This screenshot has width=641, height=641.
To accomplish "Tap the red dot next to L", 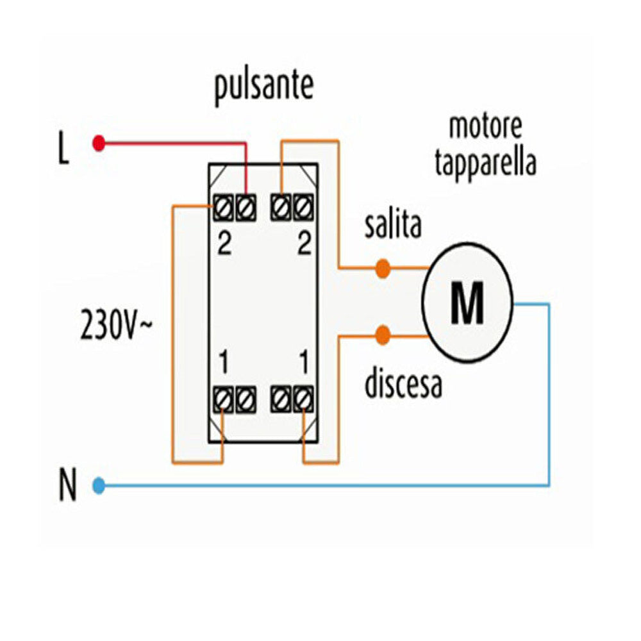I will pyautogui.click(x=98, y=142).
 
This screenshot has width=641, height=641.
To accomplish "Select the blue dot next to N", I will pyautogui.click(x=98, y=485).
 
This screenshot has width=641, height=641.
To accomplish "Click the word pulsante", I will pyautogui.click(x=263, y=88).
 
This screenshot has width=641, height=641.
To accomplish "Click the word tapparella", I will pyautogui.click(x=485, y=163).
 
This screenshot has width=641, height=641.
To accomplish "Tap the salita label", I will pyautogui.click(x=393, y=226).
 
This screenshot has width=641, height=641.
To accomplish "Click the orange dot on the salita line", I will pyautogui.click(x=382, y=268).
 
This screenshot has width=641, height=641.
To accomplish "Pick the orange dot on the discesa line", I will pyautogui.click(x=383, y=335).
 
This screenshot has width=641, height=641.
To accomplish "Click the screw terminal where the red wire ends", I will pyautogui.click(x=245, y=206).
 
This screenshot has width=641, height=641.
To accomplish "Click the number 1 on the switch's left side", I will pyautogui.click(x=223, y=363).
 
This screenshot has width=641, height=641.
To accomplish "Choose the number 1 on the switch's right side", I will pyautogui.click(x=304, y=363).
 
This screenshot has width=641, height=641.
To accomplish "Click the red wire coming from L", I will pyautogui.click(x=173, y=143).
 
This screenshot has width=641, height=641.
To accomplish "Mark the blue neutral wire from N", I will pyautogui.click(x=320, y=485).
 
